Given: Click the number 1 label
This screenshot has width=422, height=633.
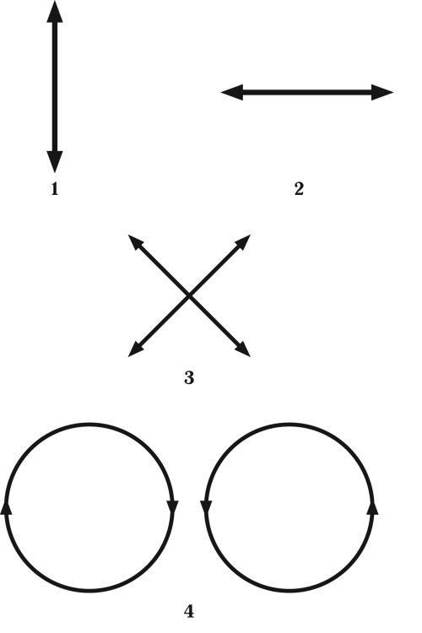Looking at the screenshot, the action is coord(55,189).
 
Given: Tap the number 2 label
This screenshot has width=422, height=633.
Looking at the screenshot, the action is coord(299,189).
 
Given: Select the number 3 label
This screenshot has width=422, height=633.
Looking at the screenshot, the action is coord(189,378).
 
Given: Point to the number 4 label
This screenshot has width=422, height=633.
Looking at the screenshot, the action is coord(189,612).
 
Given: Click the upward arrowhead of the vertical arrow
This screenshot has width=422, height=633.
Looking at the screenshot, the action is coord(55,12).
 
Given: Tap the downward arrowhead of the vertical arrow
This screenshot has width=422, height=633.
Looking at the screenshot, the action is coord(55,161).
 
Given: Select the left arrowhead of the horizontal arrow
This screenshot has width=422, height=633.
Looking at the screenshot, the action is coord(232,92).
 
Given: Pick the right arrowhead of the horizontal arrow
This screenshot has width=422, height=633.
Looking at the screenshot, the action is coord(382,92).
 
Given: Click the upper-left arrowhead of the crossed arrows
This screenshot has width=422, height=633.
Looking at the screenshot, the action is coord(135,242).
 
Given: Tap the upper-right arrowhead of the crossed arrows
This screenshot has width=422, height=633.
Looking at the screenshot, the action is coord(243,242).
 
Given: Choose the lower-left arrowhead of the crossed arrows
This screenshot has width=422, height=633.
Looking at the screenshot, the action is coord(135,349).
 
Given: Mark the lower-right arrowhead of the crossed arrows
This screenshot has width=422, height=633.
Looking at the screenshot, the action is coord(243,349).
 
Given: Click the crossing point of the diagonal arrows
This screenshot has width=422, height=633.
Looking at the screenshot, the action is coord(189,296).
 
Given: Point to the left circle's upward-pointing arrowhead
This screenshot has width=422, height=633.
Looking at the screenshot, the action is coord(6,506).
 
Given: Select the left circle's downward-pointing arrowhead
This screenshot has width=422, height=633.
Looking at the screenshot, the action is coord(172,508).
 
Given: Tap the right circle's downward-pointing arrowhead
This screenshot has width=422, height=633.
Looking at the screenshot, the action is coord(206,508).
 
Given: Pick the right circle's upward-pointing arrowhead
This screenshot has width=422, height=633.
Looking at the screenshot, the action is coord(372,506).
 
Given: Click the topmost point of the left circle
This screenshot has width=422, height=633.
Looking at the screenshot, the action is coord(89,425).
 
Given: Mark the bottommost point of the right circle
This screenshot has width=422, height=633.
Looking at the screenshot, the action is coord(289,590).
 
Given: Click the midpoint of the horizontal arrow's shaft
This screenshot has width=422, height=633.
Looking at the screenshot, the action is coord(307,93).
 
